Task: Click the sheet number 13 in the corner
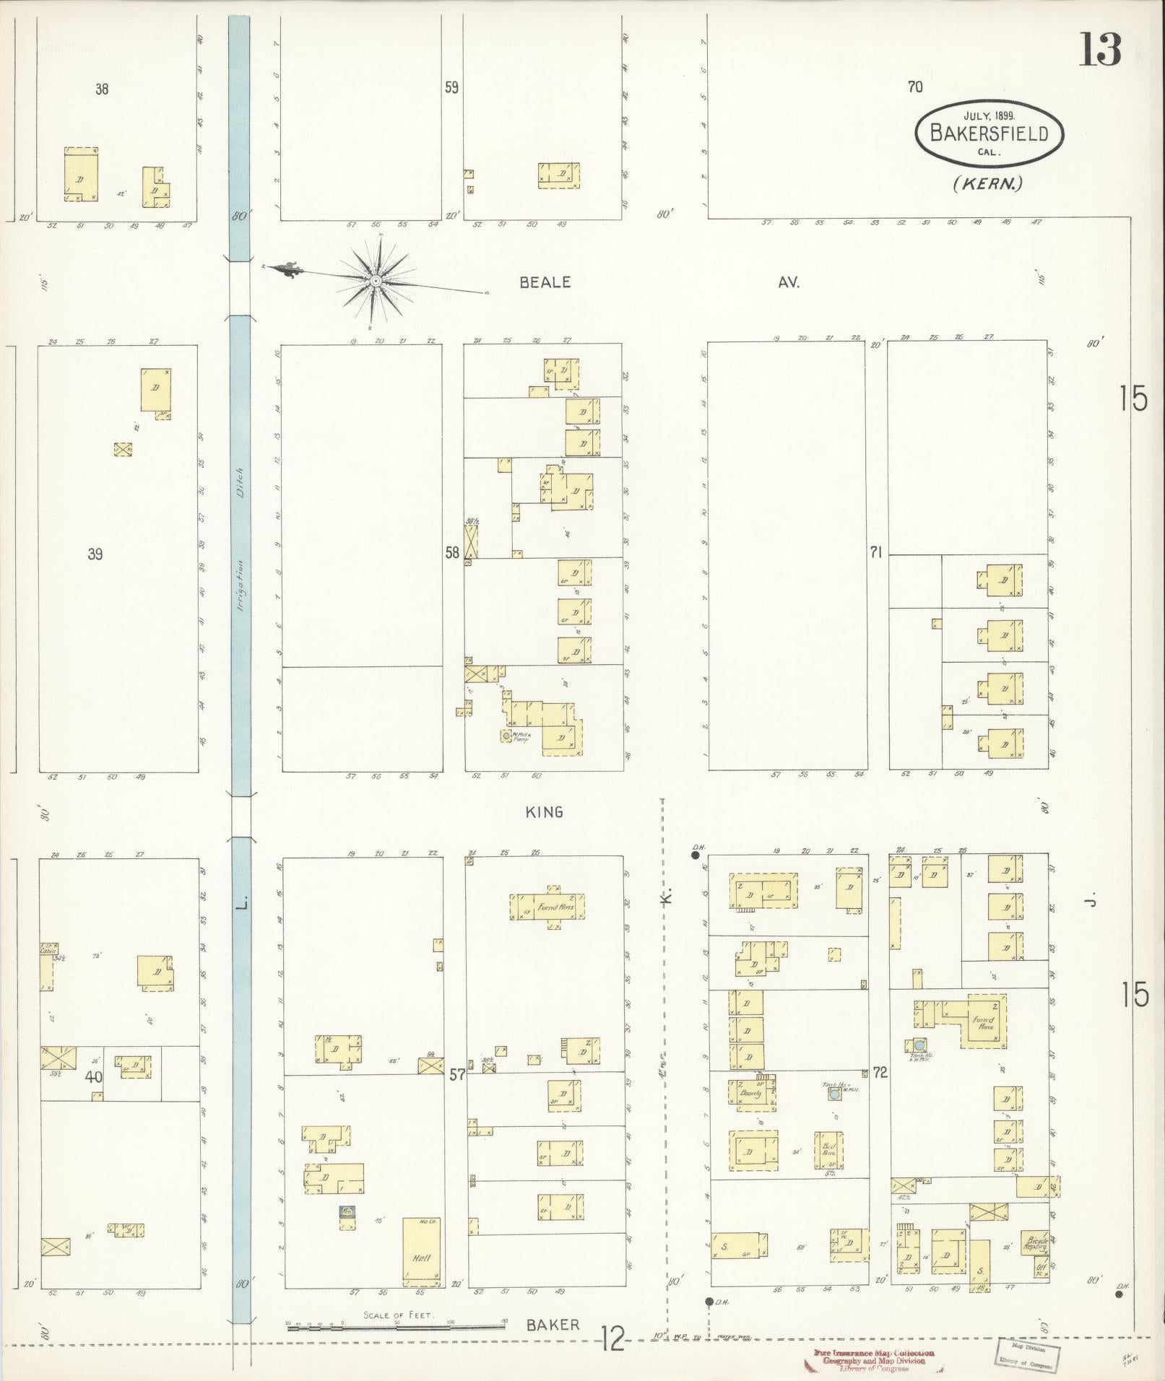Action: (x=1100, y=50)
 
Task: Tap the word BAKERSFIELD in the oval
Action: (x=989, y=134)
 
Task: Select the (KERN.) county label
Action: (x=987, y=184)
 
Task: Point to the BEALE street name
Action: (x=545, y=282)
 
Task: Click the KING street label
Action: (x=545, y=812)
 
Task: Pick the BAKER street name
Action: (x=553, y=1325)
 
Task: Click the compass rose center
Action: (x=376, y=280)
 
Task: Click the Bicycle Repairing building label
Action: (x=1036, y=1244)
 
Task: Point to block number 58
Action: (x=452, y=552)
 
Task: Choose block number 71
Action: (x=876, y=552)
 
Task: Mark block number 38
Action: (x=102, y=90)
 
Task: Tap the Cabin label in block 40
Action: (x=48, y=951)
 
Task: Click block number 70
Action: (x=915, y=87)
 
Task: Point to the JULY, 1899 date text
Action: (x=989, y=115)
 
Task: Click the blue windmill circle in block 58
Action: (x=507, y=736)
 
